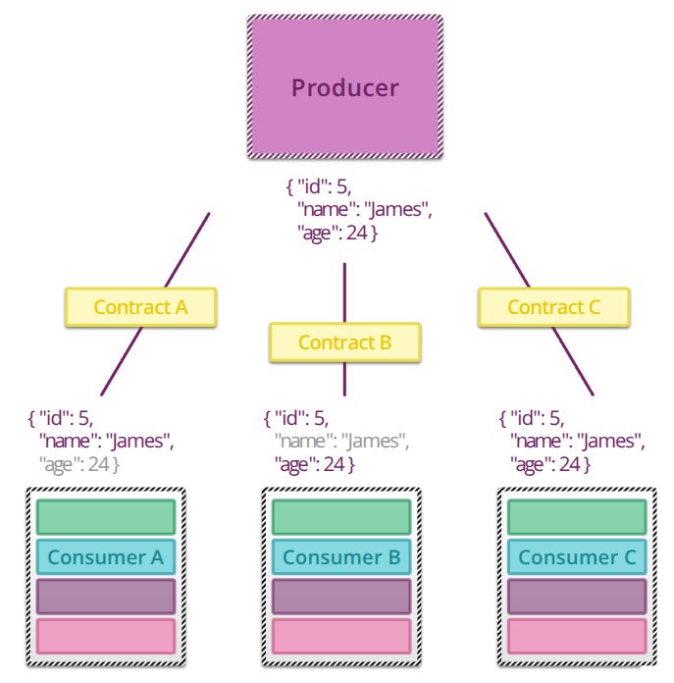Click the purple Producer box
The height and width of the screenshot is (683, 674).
(x=345, y=86)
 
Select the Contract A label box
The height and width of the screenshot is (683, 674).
(x=140, y=307)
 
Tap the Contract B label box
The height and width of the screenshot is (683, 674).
(x=344, y=342)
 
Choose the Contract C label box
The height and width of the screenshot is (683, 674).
(x=554, y=307)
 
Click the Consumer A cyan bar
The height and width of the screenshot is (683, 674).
(x=106, y=557)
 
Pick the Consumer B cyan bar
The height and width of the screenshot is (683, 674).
(x=341, y=557)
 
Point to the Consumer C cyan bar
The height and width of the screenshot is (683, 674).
(x=577, y=557)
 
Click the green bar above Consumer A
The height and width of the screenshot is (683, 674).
(x=106, y=517)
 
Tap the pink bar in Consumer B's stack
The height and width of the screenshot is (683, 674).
(x=341, y=637)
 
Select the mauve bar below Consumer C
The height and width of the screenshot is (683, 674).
(x=577, y=597)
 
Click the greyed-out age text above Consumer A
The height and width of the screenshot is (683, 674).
(x=78, y=465)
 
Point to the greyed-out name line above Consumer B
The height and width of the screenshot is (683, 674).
(x=341, y=442)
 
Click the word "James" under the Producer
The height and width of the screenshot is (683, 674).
(x=395, y=210)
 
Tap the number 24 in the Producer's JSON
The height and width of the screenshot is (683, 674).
(x=357, y=233)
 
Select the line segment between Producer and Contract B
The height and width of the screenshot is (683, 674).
(x=344, y=292)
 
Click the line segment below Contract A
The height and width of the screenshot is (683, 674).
(x=122, y=361)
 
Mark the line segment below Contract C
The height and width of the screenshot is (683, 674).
(x=573, y=361)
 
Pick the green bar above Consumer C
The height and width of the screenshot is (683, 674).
(x=577, y=517)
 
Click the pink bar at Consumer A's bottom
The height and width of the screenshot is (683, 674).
(x=106, y=637)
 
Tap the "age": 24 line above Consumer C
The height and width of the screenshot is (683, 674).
(x=550, y=465)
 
